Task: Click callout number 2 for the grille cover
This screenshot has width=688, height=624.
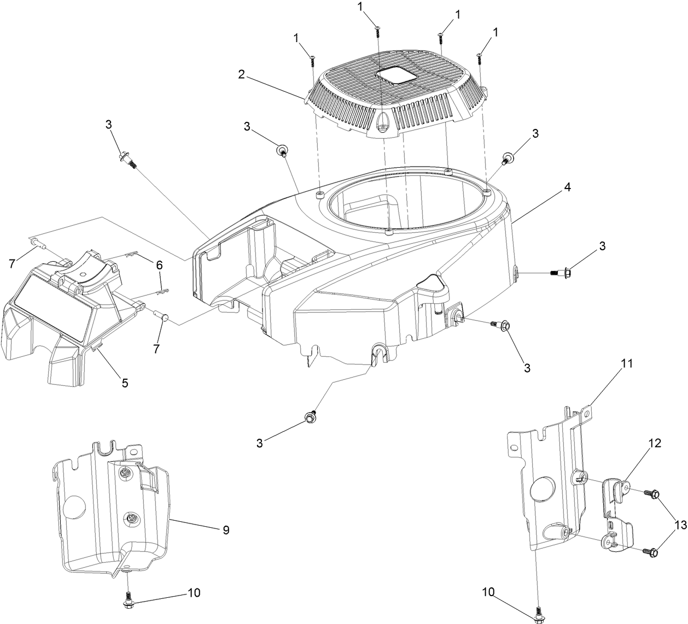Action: click(241, 75)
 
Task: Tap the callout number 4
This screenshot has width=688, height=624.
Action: click(568, 187)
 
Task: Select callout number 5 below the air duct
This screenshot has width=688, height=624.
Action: click(125, 383)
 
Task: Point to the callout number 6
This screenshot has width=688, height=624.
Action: click(159, 265)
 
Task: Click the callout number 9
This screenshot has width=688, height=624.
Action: click(226, 529)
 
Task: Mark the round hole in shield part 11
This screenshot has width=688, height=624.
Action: click(541, 488)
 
